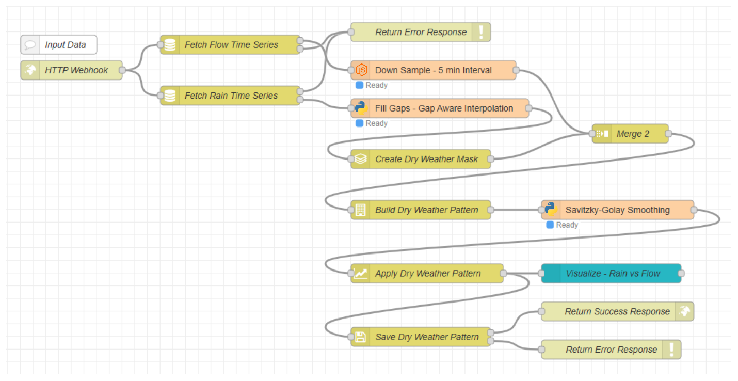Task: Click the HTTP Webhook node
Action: pos(72,70)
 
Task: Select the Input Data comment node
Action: pos(59,44)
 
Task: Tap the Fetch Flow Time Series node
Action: pos(230,44)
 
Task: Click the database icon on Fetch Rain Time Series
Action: pos(170,96)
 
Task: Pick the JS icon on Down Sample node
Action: pos(361,70)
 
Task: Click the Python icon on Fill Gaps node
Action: pos(361,108)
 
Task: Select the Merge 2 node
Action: pos(630,134)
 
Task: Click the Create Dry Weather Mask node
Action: pos(421,159)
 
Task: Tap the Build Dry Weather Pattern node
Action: pos(421,210)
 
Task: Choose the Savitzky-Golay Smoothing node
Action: pos(617,210)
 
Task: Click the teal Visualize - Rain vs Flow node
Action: pos(611,273)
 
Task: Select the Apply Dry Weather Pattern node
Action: pos(427,273)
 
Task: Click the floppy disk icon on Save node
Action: pos(360,337)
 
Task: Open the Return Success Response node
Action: pos(617,311)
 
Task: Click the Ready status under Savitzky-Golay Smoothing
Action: pos(562,225)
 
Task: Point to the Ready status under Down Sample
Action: pos(372,85)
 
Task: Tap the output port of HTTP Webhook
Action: pos(122,70)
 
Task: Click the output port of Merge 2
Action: pos(668,134)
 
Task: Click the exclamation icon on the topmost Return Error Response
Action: pos(481,32)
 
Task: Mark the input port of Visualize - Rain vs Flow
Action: pos(541,273)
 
